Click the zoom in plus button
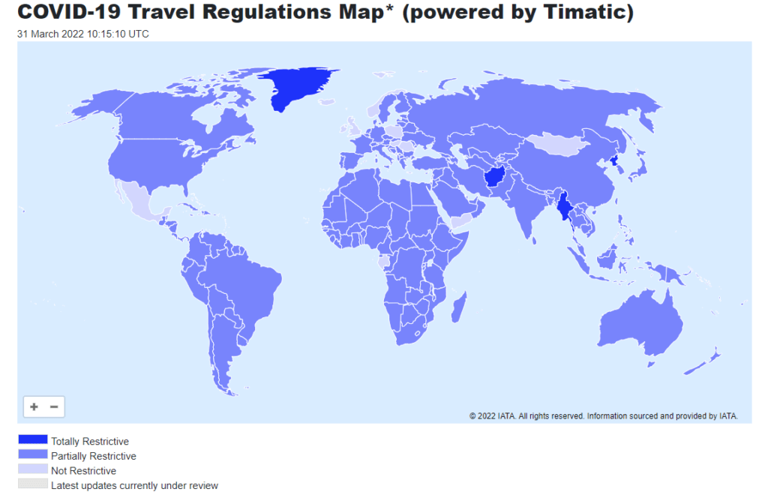pyautogui.click(x=34, y=406)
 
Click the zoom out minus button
pyautogui.click(x=54, y=406)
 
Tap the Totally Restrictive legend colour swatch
pyautogui.click(x=32, y=440)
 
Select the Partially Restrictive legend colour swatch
pyautogui.click(x=32, y=455)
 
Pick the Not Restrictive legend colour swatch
pyautogui.click(x=32, y=470)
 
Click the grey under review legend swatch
pyautogui.click(x=32, y=485)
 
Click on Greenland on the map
pyautogui.click(x=300, y=86)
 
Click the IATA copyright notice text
pyautogui.click(x=604, y=415)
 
